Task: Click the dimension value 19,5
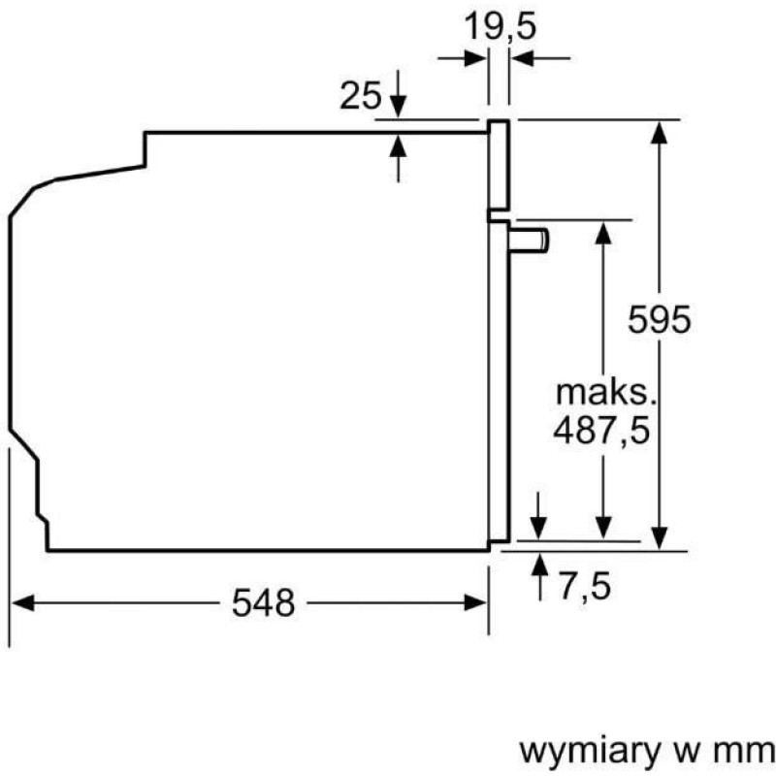501,27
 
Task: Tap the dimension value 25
361,95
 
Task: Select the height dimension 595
659,319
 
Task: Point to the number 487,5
600,430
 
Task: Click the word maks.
605,393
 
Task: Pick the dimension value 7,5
585,586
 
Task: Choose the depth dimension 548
263,602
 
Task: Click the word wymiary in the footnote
590,753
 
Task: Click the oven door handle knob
529,240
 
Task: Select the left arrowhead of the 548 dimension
22,602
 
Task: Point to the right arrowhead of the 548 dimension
475,602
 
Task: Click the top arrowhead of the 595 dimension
659,132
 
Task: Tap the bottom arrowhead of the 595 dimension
659,538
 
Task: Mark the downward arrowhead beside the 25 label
398,107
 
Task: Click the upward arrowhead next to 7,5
539,565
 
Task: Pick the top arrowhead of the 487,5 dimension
602,233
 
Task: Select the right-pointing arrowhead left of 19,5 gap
475,58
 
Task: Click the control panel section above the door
499,165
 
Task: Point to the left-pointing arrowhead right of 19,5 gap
523,58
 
